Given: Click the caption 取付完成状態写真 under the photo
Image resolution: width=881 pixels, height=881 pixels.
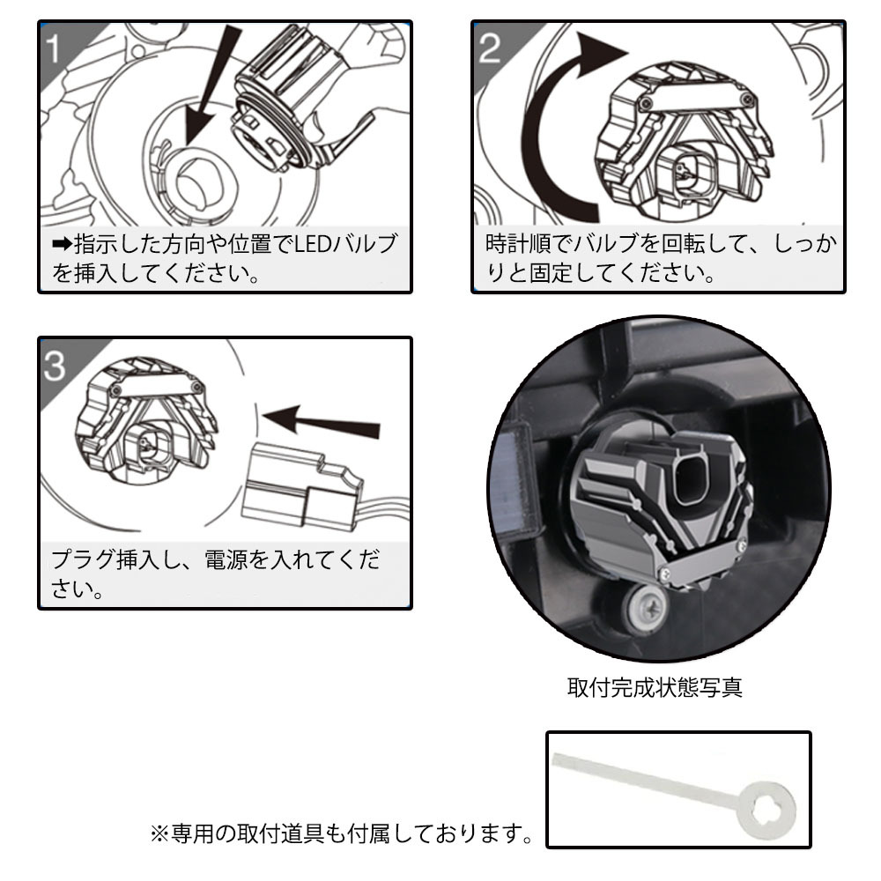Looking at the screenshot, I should (x=655, y=687).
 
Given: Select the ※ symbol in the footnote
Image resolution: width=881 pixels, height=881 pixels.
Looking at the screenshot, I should (x=159, y=832).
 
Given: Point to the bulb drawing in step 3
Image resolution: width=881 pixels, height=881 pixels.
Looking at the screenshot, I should (x=145, y=423).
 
